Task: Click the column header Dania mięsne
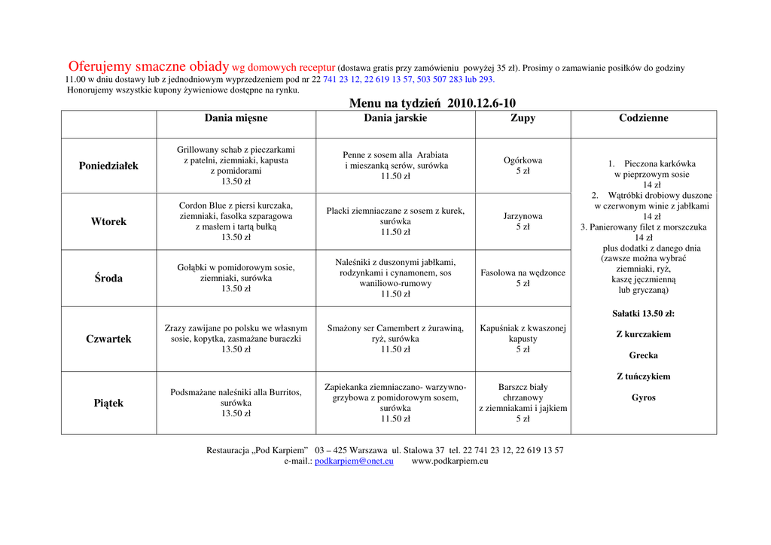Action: tap(236, 118)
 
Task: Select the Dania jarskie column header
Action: tap(395, 118)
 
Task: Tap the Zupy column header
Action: tap(523, 118)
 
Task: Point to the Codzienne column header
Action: tap(643, 118)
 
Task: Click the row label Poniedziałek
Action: tap(108, 166)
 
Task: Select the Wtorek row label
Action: tap(108, 221)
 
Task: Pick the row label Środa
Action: tap(108, 278)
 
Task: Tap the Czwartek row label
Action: tap(108, 339)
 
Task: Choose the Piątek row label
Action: tap(108, 403)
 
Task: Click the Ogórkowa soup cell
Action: tap(523, 166)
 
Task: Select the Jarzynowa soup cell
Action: tap(523, 221)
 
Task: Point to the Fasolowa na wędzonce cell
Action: tap(523, 278)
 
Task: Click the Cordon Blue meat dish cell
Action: tap(236, 221)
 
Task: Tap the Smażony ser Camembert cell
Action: tap(395, 339)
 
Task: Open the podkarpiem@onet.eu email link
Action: tap(354, 461)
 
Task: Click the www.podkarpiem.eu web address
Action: tap(449, 461)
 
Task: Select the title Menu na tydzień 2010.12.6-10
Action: tap(432, 103)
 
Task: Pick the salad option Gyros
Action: tap(643, 397)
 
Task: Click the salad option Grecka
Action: tap(643, 355)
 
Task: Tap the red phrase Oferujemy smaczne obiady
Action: tap(148, 66)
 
